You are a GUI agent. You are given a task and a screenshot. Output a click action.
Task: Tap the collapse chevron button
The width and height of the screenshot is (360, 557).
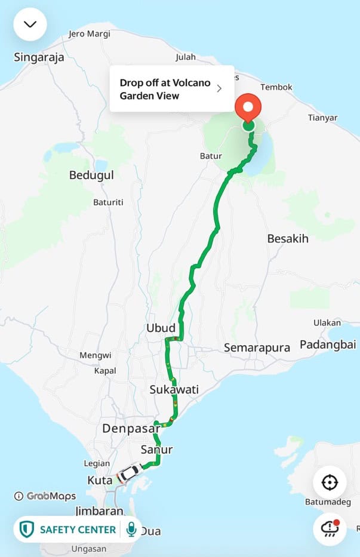pos(30,24)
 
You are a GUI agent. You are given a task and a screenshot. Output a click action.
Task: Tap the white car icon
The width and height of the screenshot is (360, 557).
pos(128,473)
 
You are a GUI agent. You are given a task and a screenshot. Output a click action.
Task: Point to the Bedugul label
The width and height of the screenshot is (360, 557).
pos(91,175)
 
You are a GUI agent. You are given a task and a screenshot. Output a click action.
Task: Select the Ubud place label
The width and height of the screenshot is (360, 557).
pos(161,328)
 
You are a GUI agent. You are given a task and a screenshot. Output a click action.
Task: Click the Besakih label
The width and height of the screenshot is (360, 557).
pos(288,239)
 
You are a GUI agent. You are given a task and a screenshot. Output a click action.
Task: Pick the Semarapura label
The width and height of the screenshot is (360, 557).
pos(257,347)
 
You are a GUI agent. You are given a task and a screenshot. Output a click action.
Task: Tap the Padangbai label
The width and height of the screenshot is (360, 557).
pos(327,344)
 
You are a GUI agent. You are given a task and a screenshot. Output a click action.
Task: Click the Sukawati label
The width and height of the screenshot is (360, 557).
pos(174,390)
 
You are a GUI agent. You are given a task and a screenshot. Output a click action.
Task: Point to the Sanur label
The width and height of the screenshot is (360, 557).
pos(156,450)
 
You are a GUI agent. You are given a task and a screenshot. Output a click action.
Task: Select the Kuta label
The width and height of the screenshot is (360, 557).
pos(100,480)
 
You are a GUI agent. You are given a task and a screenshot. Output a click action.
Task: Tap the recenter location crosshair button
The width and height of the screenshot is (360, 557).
pos(330,482)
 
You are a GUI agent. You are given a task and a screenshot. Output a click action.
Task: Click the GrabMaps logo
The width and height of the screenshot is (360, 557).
pos(45,496)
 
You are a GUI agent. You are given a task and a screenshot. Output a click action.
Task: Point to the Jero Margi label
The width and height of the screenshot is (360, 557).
pos(90,33)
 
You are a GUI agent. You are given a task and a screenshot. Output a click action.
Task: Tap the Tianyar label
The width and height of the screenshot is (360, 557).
pos(323,117)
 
